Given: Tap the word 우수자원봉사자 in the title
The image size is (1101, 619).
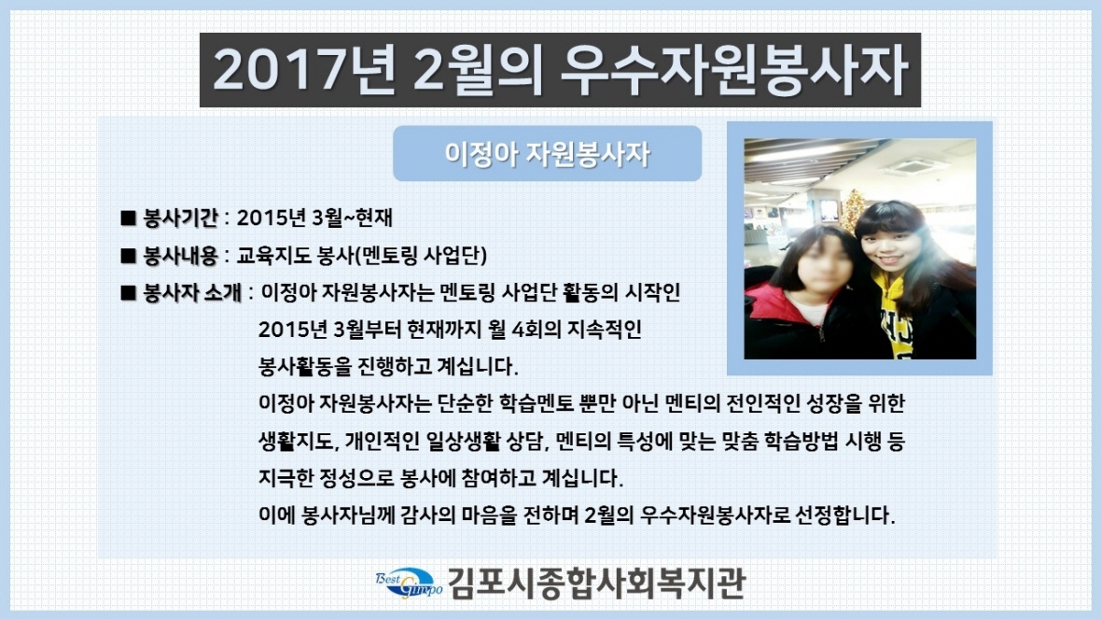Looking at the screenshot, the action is pos(733,70).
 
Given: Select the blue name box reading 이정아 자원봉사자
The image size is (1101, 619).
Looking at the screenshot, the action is pos(547,154).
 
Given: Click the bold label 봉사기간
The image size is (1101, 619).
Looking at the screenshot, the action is pos(180,218).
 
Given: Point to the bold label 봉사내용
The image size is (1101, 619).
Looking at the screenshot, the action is pos(180,255).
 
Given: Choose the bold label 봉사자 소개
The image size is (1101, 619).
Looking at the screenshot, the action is pos(192,292).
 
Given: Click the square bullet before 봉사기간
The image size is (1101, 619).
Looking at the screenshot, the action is pos(128,218).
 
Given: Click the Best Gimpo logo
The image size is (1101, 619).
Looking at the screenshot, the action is pos(409,583).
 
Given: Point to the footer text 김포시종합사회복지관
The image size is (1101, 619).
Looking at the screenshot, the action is pos(596,584).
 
